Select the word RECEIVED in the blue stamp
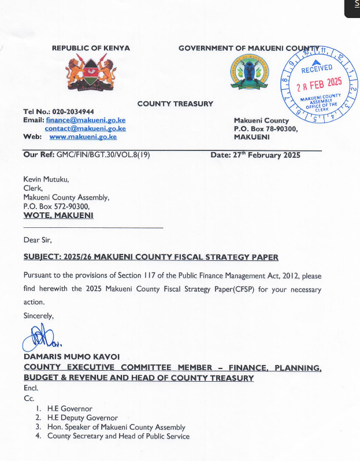click(317, 69)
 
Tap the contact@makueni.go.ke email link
click(86, 128)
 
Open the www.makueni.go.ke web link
click(83, 137)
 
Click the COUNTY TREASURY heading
click(175, 104)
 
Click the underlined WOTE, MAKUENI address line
click(58, 215)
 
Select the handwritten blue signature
click(40, 338)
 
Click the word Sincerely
click(38, 315)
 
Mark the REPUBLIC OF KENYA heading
click(91, 48)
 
